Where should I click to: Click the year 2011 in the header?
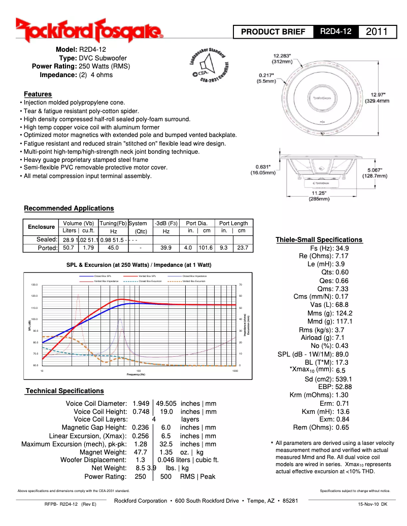(377, 31)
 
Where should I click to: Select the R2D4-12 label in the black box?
(336, 31)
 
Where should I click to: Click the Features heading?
(38, 94)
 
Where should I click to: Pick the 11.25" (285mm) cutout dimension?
(318, 196)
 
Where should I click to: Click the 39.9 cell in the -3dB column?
(165, 248)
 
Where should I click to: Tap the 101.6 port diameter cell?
(206, 248)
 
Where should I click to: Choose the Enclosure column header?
(41, 227)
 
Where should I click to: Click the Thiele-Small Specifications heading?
(319, 240)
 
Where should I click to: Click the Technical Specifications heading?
(64, 391)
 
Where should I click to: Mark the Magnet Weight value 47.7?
(140, 452)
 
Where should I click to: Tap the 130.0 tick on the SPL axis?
(35, 285)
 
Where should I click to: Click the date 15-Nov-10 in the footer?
(368, 505)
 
